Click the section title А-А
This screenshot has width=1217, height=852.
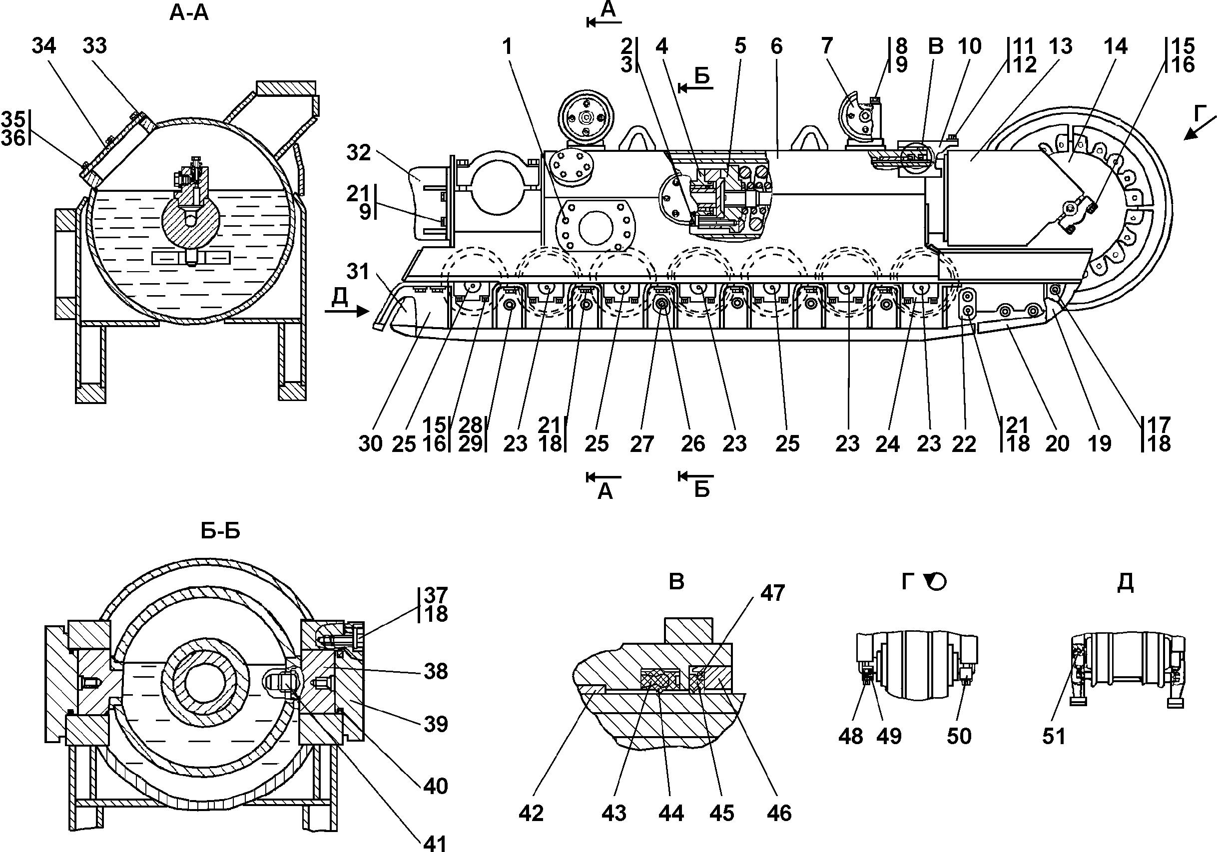click(x=189, y=13)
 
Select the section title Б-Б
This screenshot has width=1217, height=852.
click(x=220, y=531)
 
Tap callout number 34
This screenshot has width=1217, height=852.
click(x=43, y=46)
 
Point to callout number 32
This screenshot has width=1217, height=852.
click(x=359, y=153)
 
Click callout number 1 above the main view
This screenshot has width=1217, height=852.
click(x=508, y=46)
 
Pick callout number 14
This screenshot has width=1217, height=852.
click(x=1115, y=46)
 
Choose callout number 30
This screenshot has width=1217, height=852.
click(x=370, y=444)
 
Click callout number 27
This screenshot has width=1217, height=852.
click(x=641, y=444)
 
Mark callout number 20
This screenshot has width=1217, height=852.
click(x=1057, y=444)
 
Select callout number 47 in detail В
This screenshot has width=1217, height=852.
click(x=772, y=593)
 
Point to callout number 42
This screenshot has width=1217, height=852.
click(x=531, y=814)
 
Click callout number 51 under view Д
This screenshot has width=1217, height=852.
click(x=1054, y=736)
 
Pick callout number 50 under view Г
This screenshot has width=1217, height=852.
click(x=959, y=736)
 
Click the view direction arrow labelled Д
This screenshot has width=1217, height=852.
click(x=347, y=311)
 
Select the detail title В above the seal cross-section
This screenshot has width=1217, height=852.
click(x=676, y=582)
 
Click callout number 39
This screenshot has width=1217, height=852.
click(x=436, y=724)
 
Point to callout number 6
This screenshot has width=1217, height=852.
click(x=776, y=46)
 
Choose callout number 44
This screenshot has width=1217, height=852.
click(x=671, y=814)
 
